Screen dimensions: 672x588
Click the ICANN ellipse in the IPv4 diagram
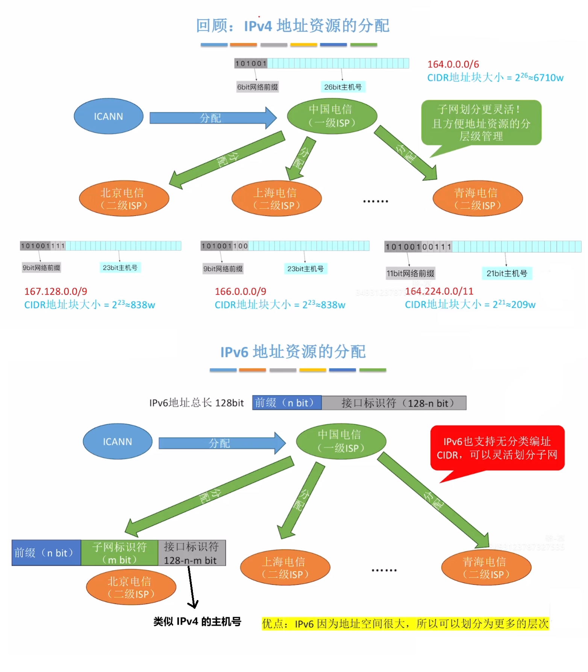tap(108, 116)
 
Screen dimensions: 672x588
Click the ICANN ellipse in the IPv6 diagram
tap(117, 442)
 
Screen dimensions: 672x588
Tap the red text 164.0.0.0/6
tap(453, 64)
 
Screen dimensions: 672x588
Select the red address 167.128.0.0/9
tap(56, 291)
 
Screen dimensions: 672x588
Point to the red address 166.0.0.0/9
tap(240, 291)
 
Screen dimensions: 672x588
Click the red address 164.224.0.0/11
tap(439, 291)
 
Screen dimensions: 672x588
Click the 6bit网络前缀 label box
tap(257, 87)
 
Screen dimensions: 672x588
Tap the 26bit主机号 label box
tap(342, 87)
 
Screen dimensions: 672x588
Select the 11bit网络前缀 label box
tap(410, 273)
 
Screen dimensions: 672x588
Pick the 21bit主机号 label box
tap(506, 273)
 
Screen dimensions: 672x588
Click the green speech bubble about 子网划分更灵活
tap(481, 123)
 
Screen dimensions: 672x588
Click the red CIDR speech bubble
tap(497, 448)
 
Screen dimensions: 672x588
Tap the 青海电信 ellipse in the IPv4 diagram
tap(477, 199)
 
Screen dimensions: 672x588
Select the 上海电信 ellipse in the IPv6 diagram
tap(285, 568)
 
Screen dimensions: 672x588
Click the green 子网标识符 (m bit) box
tap(119, 553)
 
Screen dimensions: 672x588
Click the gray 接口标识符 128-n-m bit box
tap(191, 553)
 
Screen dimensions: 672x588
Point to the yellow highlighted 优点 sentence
tap(405, 624)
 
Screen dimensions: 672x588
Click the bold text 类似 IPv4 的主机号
tap(197, 622)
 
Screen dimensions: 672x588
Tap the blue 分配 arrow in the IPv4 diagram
tap(212, 118)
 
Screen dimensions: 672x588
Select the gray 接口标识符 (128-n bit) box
tap(394, 403)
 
